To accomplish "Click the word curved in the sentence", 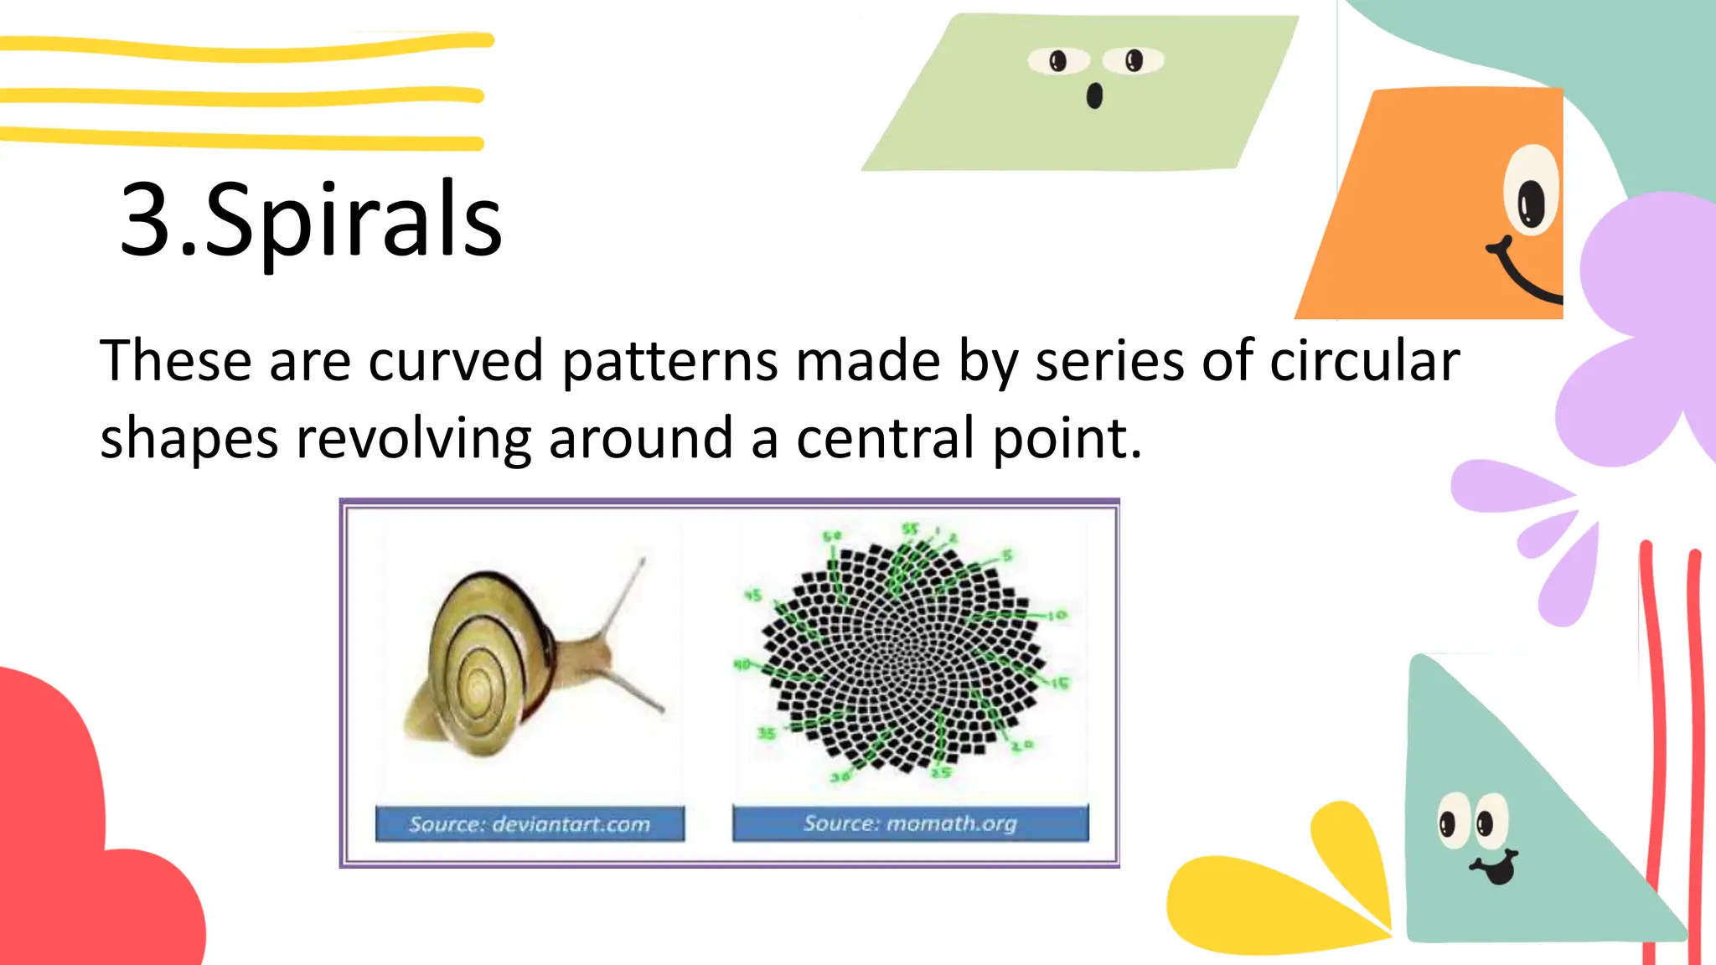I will pyautogui.click(x=456, y=361).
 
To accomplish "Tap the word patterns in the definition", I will pyautogui.click(x=670, y=361).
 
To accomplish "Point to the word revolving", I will pyautogui.click(x=414, y=438).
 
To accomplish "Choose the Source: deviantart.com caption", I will pyautogui.click(x=530, y=824).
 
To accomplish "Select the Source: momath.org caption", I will pyautogui.click(x=910, y=823).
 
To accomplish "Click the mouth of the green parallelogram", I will pyautogui.click(x=1094, y=96).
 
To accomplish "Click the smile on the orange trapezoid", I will pyautogui.click(x=1525, y=276).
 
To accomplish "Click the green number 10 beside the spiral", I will pyautogui.click(x=1057, y=616).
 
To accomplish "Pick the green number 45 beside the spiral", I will pyautogui.click(x=753, y=596).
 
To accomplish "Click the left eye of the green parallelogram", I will pyautogui.click(x=1058, y=60).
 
